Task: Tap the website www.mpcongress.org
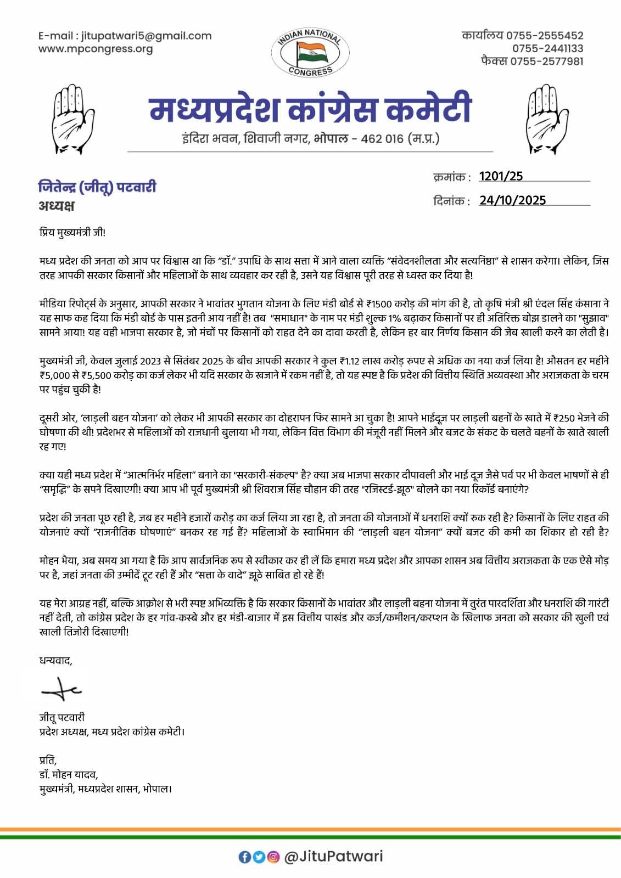96,49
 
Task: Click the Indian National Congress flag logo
311,53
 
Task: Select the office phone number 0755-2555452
545,36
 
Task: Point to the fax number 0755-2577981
547,61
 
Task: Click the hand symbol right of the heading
546,119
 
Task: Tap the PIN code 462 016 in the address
382,139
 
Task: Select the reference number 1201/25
501,176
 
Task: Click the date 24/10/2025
512,200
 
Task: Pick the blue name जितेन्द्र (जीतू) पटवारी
97,187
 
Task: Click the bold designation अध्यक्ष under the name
56,206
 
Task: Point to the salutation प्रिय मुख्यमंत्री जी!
72,232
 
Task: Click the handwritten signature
61,689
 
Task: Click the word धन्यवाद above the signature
55,660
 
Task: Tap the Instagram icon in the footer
272,857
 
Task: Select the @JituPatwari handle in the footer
333,856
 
